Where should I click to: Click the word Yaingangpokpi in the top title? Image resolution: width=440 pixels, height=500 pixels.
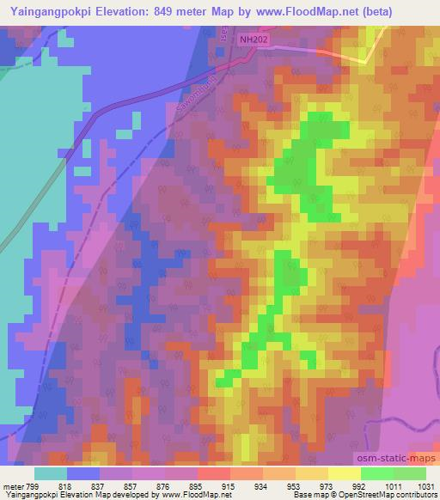(52, 12)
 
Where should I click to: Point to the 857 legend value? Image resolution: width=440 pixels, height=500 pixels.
(133, 486)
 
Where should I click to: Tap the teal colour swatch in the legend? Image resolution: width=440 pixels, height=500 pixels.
(51, 473)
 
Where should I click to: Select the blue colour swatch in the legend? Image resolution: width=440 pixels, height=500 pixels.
(83, 473)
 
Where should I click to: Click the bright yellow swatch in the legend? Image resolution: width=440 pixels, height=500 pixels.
(344, 473)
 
